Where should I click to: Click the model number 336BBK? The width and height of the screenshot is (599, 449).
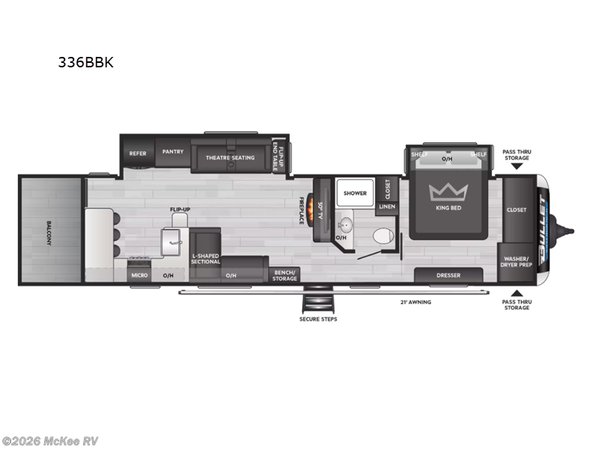tap(86, 63)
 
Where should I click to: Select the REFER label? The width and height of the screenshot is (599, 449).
tap(138, 153)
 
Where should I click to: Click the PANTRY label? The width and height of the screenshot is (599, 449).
tap(173, 152)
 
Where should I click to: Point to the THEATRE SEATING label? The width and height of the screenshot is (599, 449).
tap(231, 158)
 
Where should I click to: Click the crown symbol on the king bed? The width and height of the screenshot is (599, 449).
tap(448, 192)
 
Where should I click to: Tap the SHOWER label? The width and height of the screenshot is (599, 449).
tap(356, 193)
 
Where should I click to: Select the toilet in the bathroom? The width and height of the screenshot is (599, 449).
tap(383, 236)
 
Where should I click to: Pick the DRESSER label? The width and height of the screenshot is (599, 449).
tap(449, 275)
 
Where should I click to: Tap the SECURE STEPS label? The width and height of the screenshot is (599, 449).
tap(318, 319)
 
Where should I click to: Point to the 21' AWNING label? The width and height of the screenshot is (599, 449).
tap(415, 302)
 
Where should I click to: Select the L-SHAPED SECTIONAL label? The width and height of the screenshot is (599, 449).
tap(205, 258)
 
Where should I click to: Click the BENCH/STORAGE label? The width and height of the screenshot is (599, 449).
tap(285, 275)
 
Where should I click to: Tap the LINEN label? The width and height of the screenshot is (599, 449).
tap(387, 207)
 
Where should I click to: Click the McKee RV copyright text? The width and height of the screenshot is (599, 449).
tap(50, 442)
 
